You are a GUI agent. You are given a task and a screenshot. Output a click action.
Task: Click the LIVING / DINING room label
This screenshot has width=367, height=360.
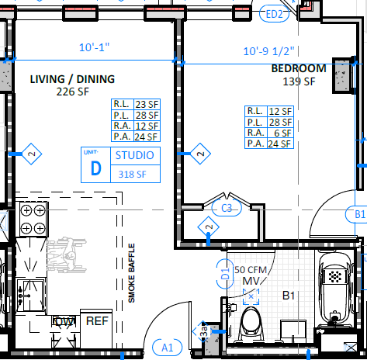point(72,79)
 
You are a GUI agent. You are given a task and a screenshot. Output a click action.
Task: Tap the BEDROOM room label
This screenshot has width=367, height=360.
point(299,68)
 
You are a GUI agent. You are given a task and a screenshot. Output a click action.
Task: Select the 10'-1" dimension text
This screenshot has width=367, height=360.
point(94,47)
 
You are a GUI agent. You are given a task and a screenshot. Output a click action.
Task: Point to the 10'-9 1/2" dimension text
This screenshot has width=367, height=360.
point(268,51)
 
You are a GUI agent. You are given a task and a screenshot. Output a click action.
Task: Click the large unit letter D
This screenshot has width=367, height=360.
point(95,168)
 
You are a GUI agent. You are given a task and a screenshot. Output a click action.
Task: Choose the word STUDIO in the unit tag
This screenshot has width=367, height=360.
point(134,155)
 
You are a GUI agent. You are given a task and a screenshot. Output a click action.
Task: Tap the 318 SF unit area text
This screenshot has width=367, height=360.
point(132,175)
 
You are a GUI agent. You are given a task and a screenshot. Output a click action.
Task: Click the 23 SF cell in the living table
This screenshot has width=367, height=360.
point(147,105)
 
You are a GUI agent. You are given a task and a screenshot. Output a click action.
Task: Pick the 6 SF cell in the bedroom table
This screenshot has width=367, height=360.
point(280,133)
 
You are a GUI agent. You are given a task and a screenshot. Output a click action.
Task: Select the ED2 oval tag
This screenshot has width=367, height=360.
point(274,14)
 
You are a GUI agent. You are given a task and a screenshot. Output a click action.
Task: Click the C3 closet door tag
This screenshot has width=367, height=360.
point(227,208)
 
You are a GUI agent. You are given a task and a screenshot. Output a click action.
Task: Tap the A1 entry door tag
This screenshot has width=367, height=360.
point(167,348)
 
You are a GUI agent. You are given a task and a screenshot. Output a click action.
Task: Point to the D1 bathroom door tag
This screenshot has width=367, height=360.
point(225,274)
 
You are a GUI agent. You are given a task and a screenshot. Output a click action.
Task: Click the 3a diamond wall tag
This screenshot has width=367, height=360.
point(204,331)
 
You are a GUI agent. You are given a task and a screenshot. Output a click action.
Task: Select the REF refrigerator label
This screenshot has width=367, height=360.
point(97,321)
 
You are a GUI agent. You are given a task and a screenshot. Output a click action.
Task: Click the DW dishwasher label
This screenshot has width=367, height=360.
point(64,322)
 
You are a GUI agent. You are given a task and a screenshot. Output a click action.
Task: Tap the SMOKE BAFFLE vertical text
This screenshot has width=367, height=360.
point(132,273)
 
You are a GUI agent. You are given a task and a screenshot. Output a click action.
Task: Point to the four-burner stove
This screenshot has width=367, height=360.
point(33,219)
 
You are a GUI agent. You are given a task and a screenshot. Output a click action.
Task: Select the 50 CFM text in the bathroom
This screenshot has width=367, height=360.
point(251,270)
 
